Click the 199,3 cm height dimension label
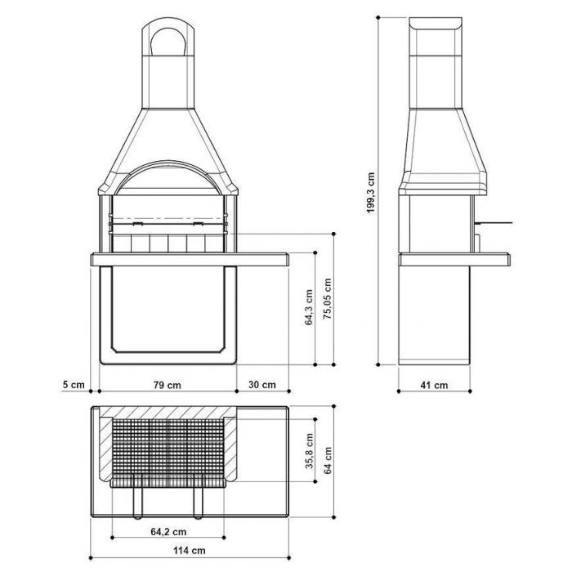tap(371, 193)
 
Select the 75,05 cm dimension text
tap(328, 299)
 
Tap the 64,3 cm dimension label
tap(309, 307)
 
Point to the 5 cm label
tap(74, 385)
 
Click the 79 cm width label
tap(167, 385)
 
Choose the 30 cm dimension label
tap(262, 385)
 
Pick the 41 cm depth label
tap(434, 385)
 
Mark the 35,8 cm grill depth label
tap(310, 451)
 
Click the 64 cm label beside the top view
tap(328, 460)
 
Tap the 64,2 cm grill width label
tap(168, 532)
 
